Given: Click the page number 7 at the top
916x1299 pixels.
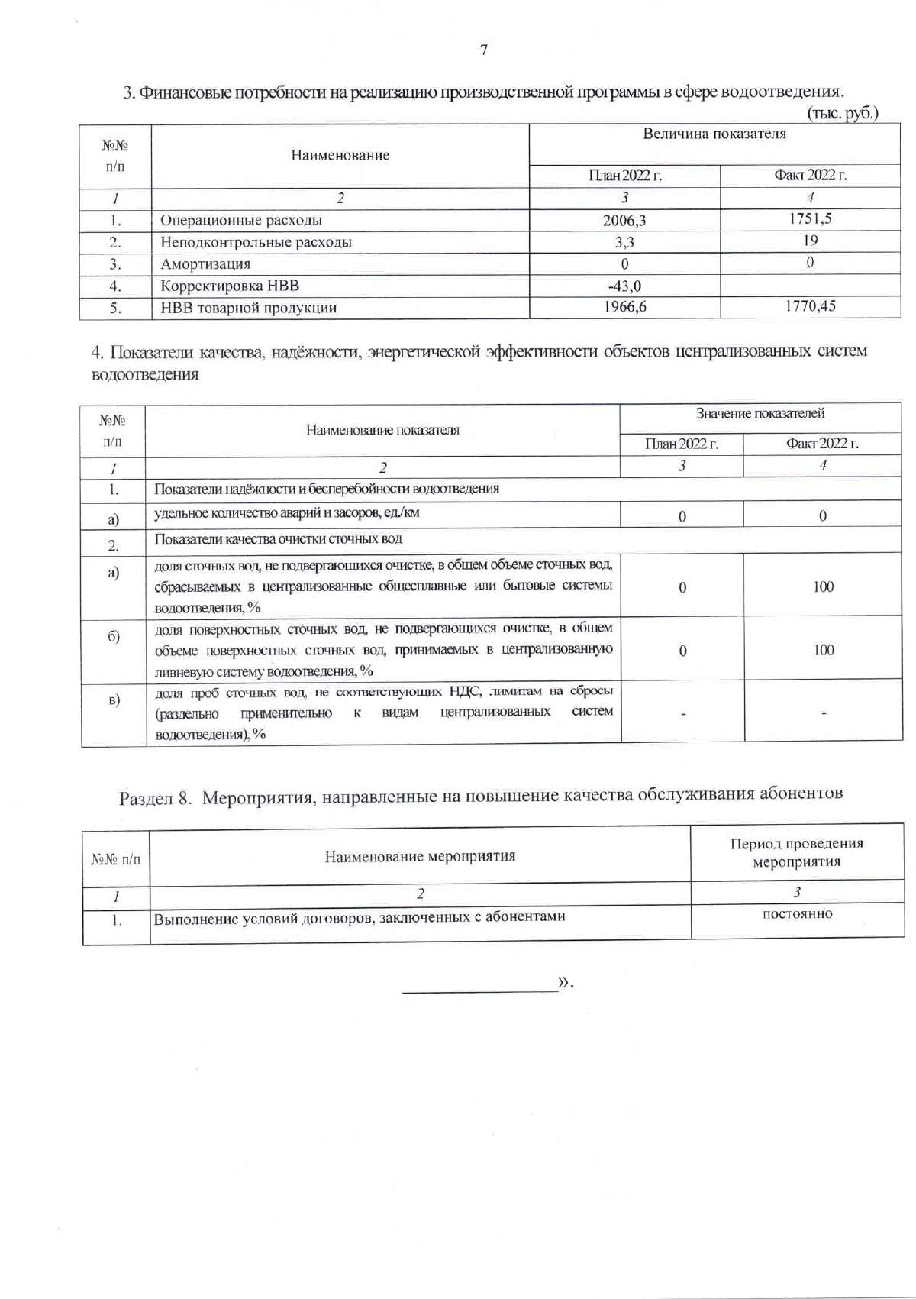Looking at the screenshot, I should (x=483, y=50).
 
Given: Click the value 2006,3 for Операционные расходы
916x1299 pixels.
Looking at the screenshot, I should (x=624, y=221).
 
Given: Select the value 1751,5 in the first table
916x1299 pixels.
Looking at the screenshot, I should (x=810, y=218).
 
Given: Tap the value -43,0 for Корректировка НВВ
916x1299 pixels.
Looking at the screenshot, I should (x=624, y=286).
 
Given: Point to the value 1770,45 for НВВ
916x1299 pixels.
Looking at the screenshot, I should (x=810, y=306).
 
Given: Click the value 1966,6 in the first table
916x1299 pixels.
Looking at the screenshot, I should (x=624, y=307).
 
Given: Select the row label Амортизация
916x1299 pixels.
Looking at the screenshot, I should (x=205, y=264).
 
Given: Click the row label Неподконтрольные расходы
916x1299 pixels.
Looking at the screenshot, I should (x=256, y=242).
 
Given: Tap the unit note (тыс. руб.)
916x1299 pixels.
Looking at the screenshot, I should (x=843, y=113).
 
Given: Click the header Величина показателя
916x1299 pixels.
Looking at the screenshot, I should (x=714, y=134).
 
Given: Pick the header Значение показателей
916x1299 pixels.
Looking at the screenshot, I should (x=760, y=413).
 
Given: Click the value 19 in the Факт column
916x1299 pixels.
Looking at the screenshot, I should (x=810, y=241).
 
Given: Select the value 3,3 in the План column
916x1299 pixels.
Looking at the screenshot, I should (x=624, y=243).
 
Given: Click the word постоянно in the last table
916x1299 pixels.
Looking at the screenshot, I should (x=797, y=914).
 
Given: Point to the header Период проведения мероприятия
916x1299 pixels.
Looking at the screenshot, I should (x=796, y=852).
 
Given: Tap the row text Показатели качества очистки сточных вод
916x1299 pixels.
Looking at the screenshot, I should (x=278, y=539).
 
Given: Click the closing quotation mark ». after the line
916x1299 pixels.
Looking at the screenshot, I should (x=566, y=982).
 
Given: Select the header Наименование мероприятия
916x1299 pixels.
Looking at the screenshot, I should (x=420, y=856).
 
